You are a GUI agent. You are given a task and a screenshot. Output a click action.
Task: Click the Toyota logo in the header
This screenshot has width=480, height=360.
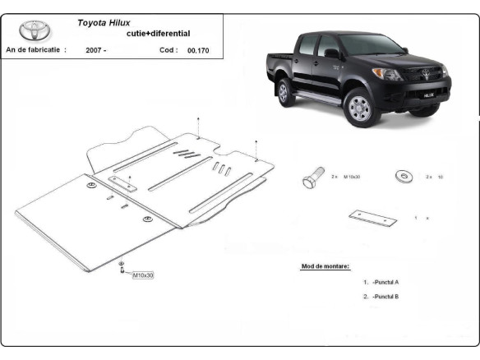point(35,31)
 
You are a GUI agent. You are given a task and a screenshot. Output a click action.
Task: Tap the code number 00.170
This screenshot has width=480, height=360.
point(198,50)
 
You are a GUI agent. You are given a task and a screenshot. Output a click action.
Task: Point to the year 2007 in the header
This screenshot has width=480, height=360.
point(95,50)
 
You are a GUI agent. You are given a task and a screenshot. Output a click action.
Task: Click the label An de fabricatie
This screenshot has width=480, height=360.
point(36,50)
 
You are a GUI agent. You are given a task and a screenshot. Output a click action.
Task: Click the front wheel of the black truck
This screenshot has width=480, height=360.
point(359,106)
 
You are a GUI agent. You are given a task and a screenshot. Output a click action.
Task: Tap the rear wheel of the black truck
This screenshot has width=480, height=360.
point(286,92)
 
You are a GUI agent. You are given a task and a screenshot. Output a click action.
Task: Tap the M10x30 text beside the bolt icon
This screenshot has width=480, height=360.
point(353,177)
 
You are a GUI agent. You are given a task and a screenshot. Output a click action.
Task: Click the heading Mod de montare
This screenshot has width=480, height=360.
point(325,266)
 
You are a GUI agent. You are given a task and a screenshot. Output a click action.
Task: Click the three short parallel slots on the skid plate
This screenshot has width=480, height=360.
point(222,168)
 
